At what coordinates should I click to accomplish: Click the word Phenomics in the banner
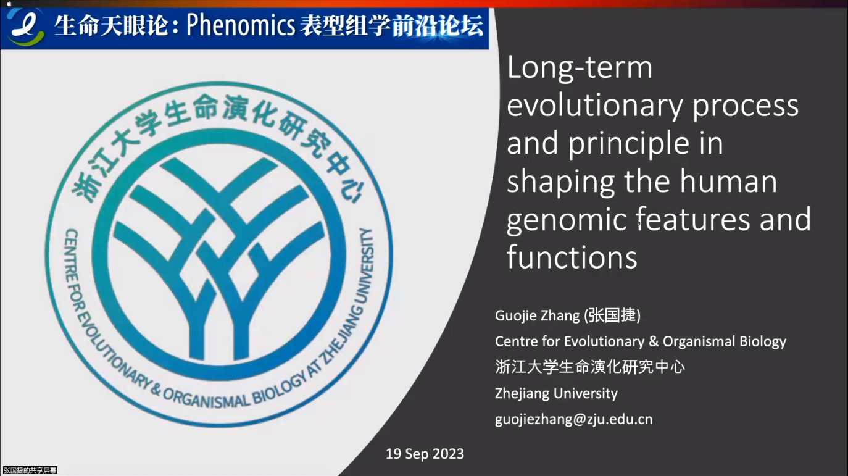coord(241,25)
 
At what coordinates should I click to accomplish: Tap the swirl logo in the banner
coord(25,27)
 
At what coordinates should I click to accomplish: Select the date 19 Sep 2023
coord(425,454)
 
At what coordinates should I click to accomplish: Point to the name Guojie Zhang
coord(537,315)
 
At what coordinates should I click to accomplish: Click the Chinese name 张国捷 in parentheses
coord(612,315)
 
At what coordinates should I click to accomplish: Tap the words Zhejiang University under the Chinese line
coord(556,393)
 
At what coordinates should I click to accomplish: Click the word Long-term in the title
coord(580,67)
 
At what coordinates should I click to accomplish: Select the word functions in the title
coord(572,257)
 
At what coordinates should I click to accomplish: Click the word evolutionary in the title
coord(595,106)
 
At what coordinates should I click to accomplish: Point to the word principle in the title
coord(628,144)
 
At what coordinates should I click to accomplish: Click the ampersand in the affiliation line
coord(654,341)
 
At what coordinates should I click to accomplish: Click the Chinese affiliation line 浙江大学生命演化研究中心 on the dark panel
coord(590,367)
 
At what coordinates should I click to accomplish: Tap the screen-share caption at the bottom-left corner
coord(30,470)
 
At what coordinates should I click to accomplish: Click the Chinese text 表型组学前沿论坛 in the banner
coord(391,26)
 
